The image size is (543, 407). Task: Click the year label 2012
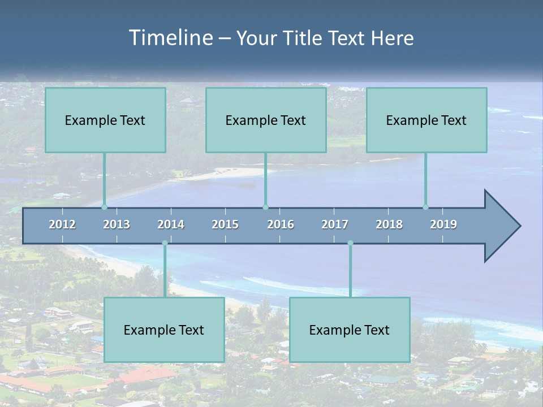(x=62, y=224)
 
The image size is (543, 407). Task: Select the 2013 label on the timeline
(x=117, y=224)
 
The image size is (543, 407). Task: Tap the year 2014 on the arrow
(x=171, y=224)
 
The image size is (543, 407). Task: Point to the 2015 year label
(x=225, y=224)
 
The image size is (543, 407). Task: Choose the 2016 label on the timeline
(x=281, y=224)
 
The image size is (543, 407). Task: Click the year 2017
(x=335, y=224)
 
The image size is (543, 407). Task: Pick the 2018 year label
(x=389, y=224)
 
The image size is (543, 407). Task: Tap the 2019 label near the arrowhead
(x=443, y=224)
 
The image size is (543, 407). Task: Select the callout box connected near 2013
(x=105, y=120)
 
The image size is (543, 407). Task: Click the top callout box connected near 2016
(x=266, y=120)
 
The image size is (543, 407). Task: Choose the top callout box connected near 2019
(x=426, y=120)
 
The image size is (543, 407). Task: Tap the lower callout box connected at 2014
(x=164, y=330)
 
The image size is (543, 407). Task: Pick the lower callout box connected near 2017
(x=350, y=330)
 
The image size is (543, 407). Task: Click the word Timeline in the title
(x=170, y=38)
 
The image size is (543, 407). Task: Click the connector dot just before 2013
(x=104, y=207)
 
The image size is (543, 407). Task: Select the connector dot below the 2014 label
(x=165, y=243)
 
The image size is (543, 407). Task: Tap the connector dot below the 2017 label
(x=350, y=243)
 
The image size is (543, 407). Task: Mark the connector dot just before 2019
(x=425, y=207)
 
